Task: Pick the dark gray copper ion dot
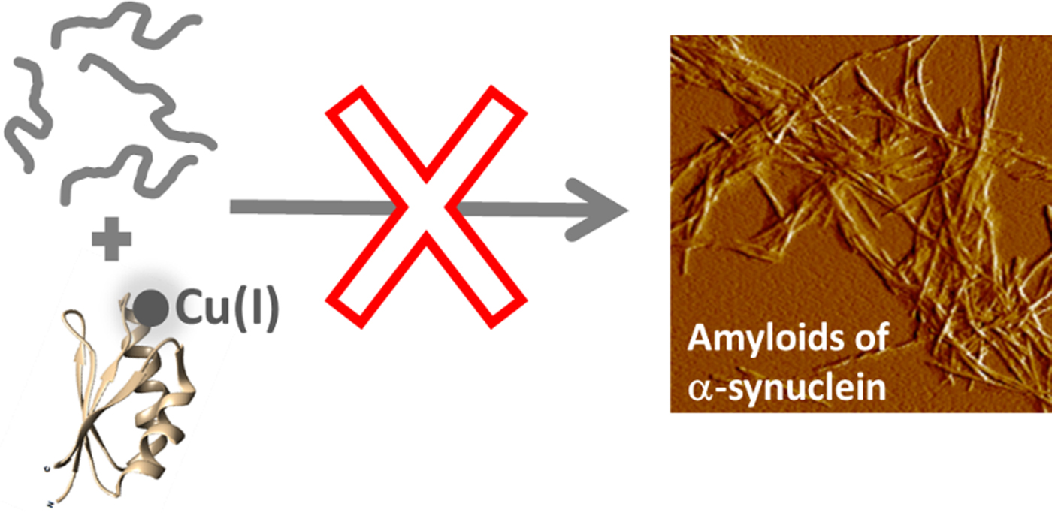[150, 309]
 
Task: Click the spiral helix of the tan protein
[162, 421]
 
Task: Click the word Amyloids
[767, 341]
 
